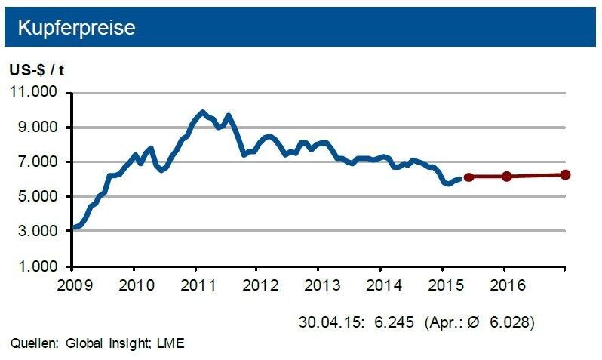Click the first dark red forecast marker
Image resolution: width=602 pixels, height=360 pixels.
pyautogui.click(x=468, y=177)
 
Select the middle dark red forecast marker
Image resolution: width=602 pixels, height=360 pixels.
pyautogui.click(x=506, y=177)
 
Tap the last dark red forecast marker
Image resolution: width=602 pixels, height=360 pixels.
pyautogui.click(x=565, y=174)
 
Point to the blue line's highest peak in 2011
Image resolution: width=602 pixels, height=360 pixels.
pyautogui.click(x=201, y=112)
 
